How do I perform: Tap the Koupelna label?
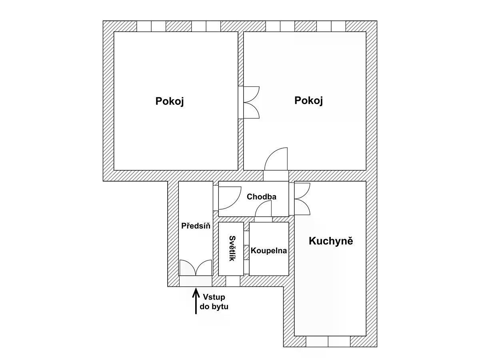269,251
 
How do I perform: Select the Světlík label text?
232,248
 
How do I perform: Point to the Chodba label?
262,197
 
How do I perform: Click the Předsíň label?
196,226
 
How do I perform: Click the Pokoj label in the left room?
170,102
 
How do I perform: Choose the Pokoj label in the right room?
308,101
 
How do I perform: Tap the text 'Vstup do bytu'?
214,302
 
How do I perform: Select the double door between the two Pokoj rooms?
252,102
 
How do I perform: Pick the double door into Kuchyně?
302,199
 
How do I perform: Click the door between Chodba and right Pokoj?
276,159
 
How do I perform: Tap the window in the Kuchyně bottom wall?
328,342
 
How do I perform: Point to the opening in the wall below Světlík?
233,281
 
